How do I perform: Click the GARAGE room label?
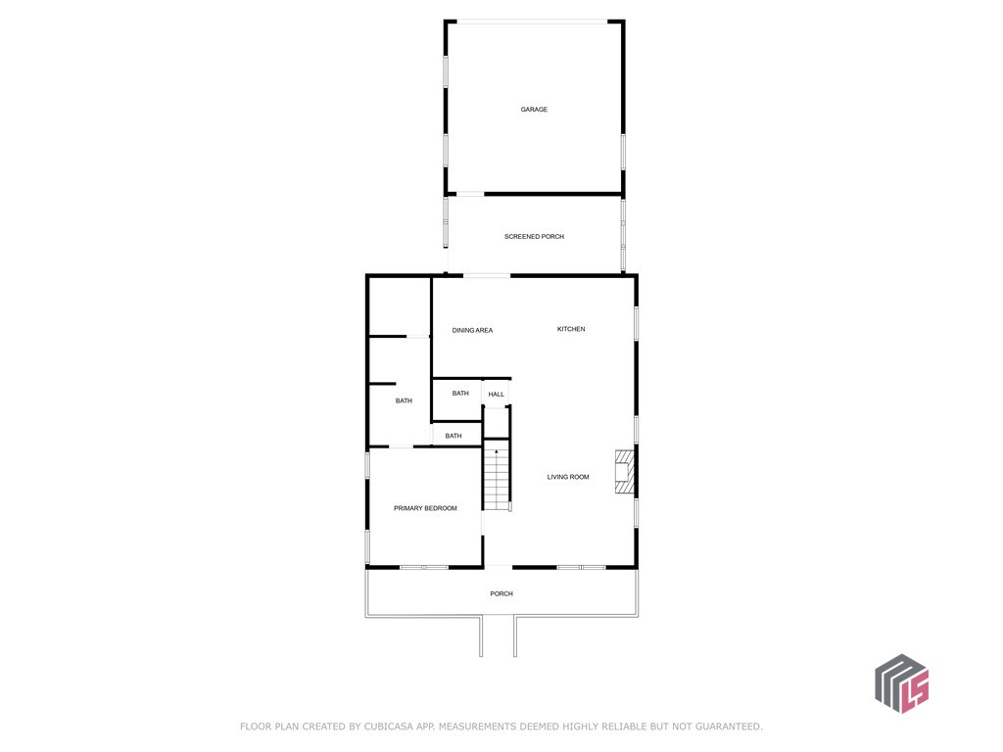534,110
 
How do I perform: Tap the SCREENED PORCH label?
534,237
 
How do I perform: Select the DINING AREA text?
472,331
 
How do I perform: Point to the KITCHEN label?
571,329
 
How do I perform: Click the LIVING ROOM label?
568,477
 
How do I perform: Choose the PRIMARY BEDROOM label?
425,508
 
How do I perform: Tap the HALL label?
496,395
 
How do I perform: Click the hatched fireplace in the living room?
624,472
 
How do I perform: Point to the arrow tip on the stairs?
497,450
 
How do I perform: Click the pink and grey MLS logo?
902,682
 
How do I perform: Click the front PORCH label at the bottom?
501,594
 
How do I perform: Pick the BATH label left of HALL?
460,394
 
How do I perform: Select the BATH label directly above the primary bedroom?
453,436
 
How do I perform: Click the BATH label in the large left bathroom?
403,400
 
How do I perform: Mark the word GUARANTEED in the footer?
729,727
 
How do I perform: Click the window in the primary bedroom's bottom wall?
424,567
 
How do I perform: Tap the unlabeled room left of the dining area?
400,305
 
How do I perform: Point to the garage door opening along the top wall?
532,23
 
